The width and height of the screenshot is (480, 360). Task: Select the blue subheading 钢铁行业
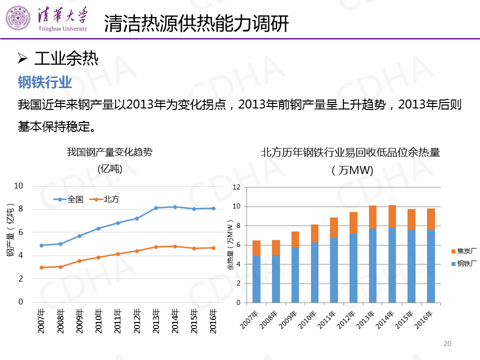coord(45,81)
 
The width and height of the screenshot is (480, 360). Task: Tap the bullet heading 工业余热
coord(66,59)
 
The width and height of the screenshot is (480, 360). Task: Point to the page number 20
coord(447,343)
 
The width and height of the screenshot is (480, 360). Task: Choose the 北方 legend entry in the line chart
coord(105,199)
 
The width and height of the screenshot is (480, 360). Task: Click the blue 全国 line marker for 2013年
coord(156,208)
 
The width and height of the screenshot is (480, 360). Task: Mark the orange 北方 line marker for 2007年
coord(41,267)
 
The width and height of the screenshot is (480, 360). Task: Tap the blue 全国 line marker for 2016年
coord(213,208)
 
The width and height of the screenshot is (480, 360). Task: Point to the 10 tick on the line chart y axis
coord(19,185)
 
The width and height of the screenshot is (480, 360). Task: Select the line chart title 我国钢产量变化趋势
coord(109,152)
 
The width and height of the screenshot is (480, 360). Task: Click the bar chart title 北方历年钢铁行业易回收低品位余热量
coord(350,153)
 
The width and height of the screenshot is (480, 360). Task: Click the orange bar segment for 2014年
coord(392,216)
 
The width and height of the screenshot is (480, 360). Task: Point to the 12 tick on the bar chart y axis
coord(237,187)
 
